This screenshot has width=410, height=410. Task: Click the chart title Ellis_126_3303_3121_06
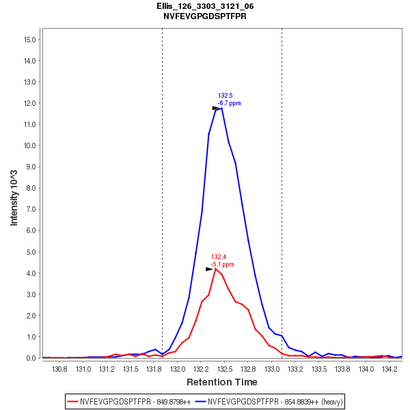tap(205, 6)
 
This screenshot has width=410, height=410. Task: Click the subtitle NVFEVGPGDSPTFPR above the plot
tap(205, 16)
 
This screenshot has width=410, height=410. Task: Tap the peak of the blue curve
tap(221, 108)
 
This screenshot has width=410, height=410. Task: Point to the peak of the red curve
tap(215, 269)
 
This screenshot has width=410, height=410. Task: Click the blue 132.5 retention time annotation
tap(225, 96)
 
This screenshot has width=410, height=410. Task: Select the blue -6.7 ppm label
tap(229, 103)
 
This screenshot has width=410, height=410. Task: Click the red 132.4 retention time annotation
tap(219, 257)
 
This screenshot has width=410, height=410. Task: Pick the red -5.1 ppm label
tap(222, 264)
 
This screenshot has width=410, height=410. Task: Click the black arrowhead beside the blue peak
tap(216, 108)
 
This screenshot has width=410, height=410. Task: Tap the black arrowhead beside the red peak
tap(209, 269)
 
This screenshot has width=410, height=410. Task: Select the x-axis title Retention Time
tap(222, 382)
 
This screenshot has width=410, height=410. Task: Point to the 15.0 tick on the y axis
tap(29, 39)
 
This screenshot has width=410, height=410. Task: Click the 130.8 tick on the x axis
tap(59, 369)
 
